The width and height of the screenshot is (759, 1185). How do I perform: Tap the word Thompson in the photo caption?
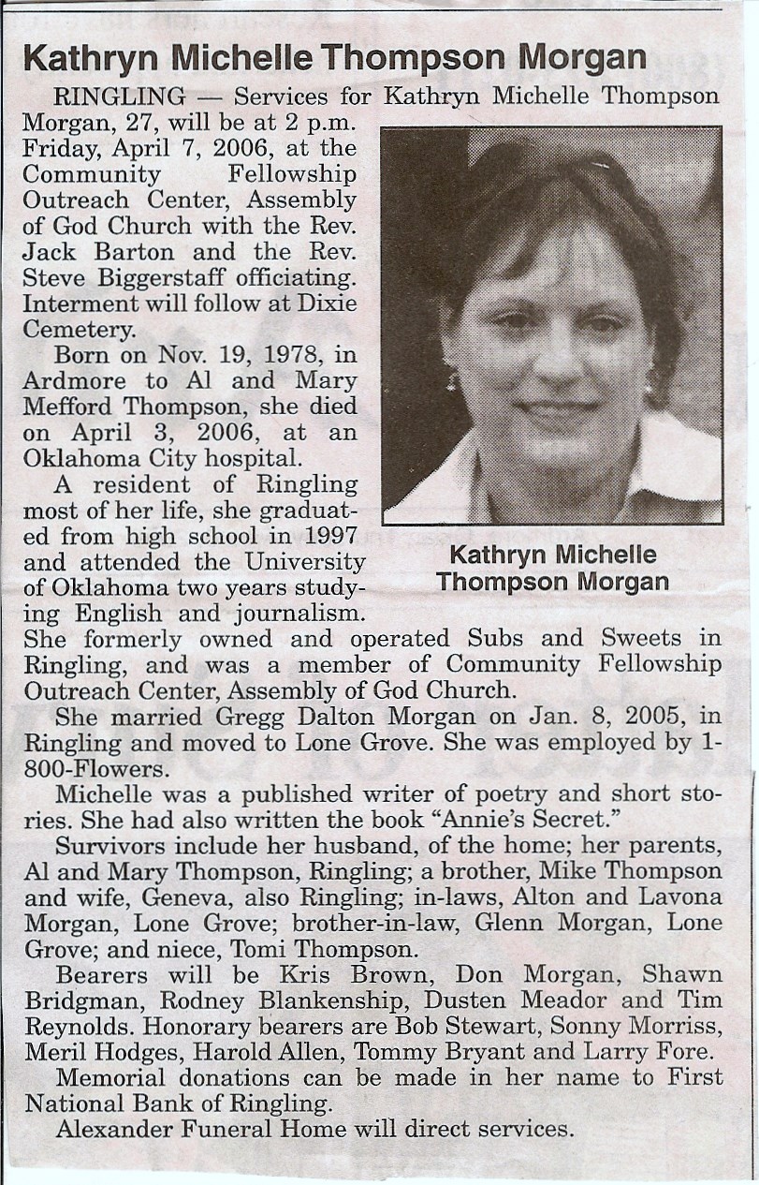click(493, 582)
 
